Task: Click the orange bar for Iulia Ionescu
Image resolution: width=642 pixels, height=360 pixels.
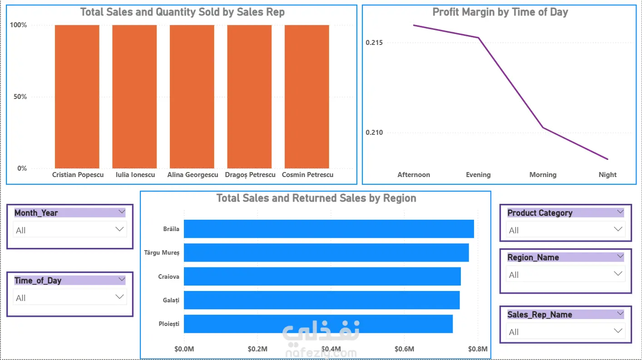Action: pos(134,97)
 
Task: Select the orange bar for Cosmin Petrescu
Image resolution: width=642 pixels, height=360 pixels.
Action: pos(306,97)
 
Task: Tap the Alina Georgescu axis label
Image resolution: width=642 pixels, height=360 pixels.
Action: pos(193,175)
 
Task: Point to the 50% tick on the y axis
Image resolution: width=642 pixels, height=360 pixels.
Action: pos(20,97)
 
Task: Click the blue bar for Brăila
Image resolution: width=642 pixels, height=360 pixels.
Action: pos(329,229)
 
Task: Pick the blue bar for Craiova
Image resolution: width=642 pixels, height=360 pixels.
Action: pos(322,276)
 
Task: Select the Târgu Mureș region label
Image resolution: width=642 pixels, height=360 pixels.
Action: pos(162,253)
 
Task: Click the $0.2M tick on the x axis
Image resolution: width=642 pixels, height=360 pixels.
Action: pos(257,349)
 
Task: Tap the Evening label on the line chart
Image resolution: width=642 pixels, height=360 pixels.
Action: pos(478,175)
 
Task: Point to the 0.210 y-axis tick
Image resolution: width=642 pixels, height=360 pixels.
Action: pos(374,133)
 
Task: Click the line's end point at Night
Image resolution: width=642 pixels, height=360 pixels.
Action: pos(607,159)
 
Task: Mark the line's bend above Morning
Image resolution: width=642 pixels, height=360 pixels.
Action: pos(543,128)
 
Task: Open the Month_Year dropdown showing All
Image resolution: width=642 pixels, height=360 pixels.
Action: pos(69,230)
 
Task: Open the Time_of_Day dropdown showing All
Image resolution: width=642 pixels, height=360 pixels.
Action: pos(69,297)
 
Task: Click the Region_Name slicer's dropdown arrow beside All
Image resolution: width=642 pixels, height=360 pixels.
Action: pos(618,274)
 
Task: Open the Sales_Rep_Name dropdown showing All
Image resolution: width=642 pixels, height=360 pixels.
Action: pos(565,331)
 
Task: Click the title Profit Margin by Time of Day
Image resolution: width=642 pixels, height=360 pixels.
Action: pos(500,12)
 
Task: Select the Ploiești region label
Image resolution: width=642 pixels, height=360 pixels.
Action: pos(169,324)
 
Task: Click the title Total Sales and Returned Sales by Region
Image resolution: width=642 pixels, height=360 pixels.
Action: pos(316,198)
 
